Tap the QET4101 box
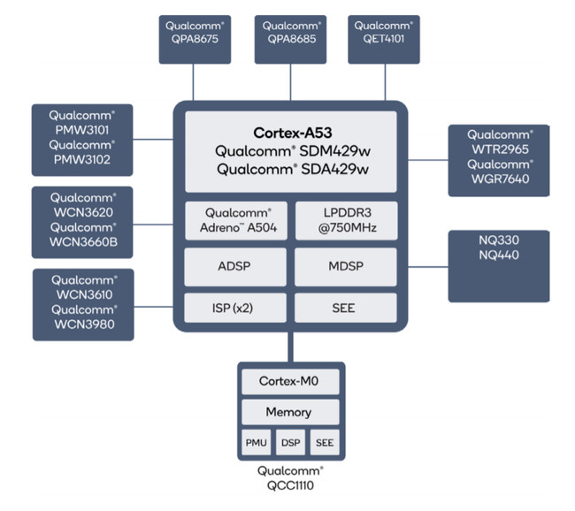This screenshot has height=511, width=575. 384,39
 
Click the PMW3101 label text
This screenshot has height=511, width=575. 82,130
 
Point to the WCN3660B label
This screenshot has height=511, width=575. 82,240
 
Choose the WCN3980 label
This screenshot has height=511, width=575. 82,324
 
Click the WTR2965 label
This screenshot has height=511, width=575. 500,149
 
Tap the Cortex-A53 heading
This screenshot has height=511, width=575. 290,133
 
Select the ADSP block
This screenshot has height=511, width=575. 236,264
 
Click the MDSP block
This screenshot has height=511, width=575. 344,264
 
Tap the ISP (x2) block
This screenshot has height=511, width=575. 236,308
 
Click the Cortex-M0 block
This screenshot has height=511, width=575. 289,381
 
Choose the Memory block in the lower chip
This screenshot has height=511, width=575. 289,412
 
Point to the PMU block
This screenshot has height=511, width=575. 256,443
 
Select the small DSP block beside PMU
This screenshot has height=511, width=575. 289,443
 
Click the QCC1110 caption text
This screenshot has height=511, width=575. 290,485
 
